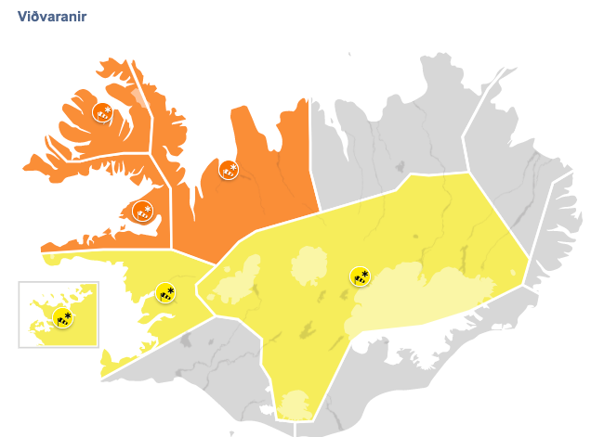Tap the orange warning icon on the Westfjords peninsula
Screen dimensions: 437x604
(102, 113)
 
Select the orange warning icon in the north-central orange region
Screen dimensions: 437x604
(229, 170)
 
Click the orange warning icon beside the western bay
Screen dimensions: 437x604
(142, 211)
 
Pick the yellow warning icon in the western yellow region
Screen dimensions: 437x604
(165, 293)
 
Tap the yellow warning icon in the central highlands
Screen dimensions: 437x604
(360, 276)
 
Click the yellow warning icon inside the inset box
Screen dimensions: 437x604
(62, 318)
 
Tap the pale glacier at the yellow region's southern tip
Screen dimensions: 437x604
(296, 405)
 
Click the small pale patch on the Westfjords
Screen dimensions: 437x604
(138, 96)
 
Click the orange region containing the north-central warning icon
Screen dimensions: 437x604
(269, 186)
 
